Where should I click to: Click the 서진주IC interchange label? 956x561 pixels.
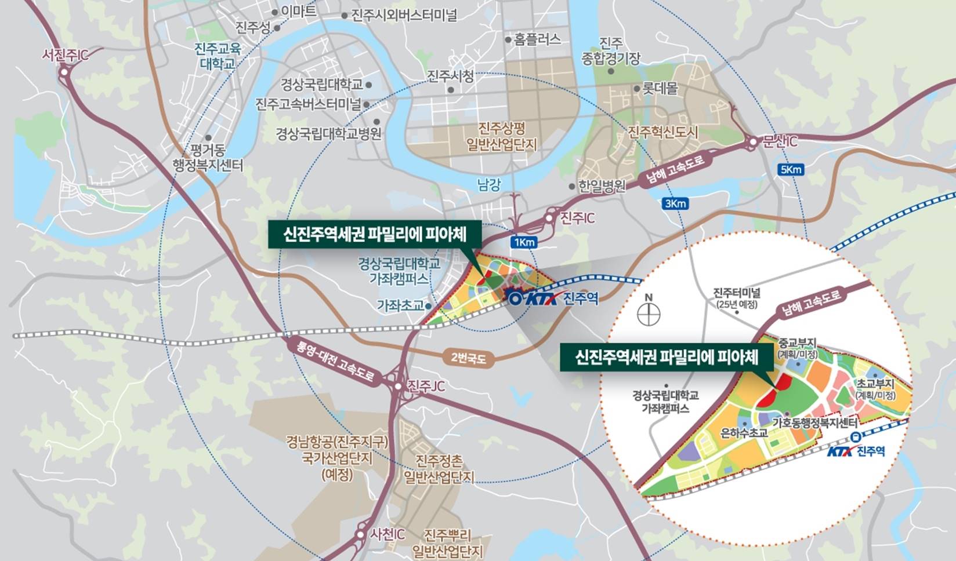(x=65, y=55)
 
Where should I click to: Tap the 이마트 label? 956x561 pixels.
(x=298, y=10)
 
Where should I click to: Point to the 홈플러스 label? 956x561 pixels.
(x=537, y=39)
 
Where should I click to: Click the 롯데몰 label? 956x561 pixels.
(x=660, y=89)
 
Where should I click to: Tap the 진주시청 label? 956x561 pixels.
(x=450, y=76)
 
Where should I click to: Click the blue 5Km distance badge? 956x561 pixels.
(x=791, y=169)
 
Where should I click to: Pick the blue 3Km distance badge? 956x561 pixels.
(x=675, y=203)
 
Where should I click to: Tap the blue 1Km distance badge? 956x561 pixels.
(x=524, y=242)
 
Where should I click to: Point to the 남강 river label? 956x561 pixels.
(x=488, y=184)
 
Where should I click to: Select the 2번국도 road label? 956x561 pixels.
(x=468, y=358)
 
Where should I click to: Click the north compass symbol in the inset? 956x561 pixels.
(x=649, y=314)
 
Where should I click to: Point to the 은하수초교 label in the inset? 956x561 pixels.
(x=744, y=433)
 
